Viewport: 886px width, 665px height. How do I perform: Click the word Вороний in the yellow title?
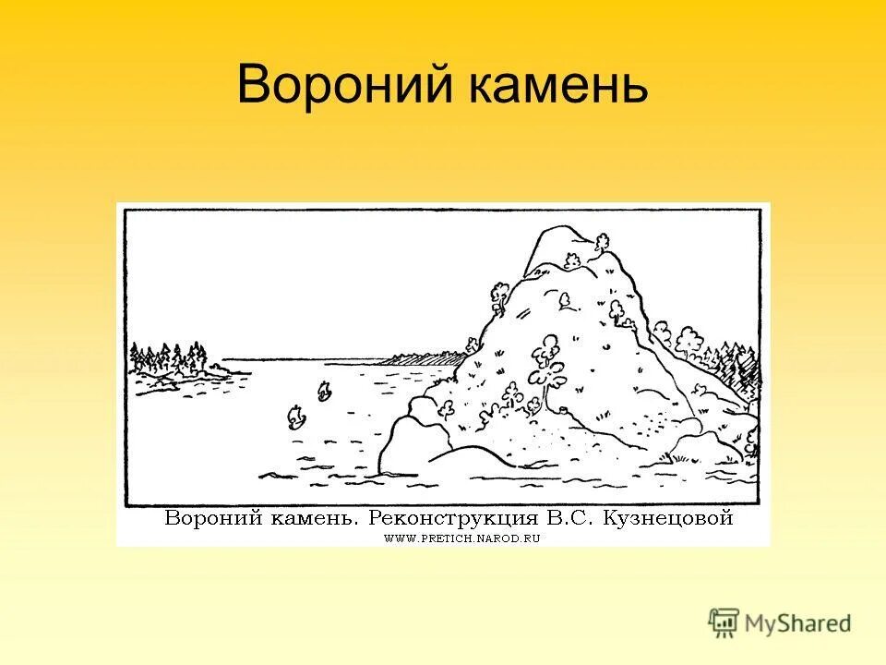tap(337, 87)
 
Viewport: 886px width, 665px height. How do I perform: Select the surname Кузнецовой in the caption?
tap(668, 517)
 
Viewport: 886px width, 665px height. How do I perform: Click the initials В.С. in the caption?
tap(579, 517)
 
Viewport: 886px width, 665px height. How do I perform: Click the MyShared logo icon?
tap(724, 622)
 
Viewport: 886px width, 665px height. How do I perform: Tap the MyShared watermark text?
tap(797, 623)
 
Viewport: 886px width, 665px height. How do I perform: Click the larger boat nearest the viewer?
tap(296, 417)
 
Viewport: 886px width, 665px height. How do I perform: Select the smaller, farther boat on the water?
tap(324, 392)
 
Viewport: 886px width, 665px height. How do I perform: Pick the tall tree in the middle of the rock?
tap(548, 360)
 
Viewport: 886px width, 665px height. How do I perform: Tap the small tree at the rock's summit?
tap(602, 244)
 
